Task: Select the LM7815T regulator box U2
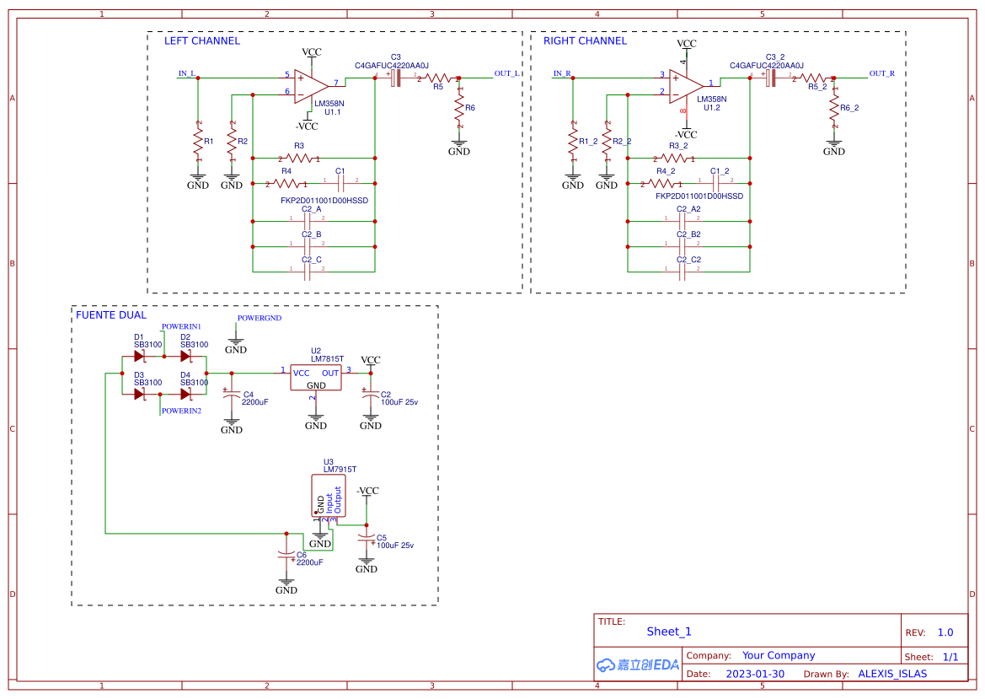(x=315, y=377)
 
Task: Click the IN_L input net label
(x=186, y=73)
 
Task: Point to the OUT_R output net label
(x=881, y=73)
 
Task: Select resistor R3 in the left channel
(x=299, y=158)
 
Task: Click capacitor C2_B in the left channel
(x=309, y=247)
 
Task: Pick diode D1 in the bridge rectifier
(x=140, y=356)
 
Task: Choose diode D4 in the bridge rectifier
(x=186, y=393)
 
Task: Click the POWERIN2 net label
(x=181, y=411)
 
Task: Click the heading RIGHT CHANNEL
(x=585, y=40)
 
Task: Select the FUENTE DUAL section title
(x=111, y=315)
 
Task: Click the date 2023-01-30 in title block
(x=755, y=674)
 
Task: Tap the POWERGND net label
(x=259, y=319)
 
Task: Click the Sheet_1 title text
(x=669, y=631)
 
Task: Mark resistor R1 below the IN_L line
(x=198, y=141)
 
